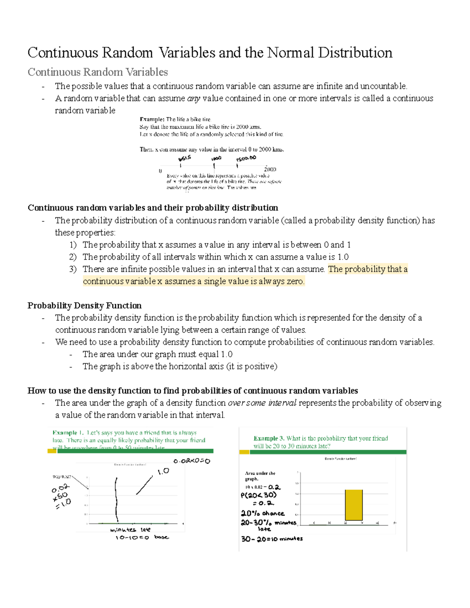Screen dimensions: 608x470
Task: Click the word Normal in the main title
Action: coord(290,52)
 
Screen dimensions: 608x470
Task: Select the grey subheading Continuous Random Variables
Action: coord(98,72)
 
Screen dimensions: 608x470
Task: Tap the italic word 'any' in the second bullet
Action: coord(193,98)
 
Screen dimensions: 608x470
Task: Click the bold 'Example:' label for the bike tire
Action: coord(152,119)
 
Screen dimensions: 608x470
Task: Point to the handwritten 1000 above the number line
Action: coord(216,159)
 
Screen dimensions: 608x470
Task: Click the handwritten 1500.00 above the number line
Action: coord(246,158)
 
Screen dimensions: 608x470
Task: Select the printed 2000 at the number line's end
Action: coord(270,169)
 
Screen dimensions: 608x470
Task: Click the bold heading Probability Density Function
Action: coord(84,305)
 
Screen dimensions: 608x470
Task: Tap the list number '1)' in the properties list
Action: coord(73,245)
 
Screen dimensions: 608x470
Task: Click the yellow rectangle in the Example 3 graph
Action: coord(353,505)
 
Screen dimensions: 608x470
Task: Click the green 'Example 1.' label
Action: coord(68,433)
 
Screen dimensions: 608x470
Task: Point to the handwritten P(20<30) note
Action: coord(258,495)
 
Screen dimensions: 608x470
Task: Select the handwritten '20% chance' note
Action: coord(262,513)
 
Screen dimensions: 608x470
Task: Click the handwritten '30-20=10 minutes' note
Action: coord(271,539)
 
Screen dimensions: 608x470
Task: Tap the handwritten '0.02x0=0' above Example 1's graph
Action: coord(192,461)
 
